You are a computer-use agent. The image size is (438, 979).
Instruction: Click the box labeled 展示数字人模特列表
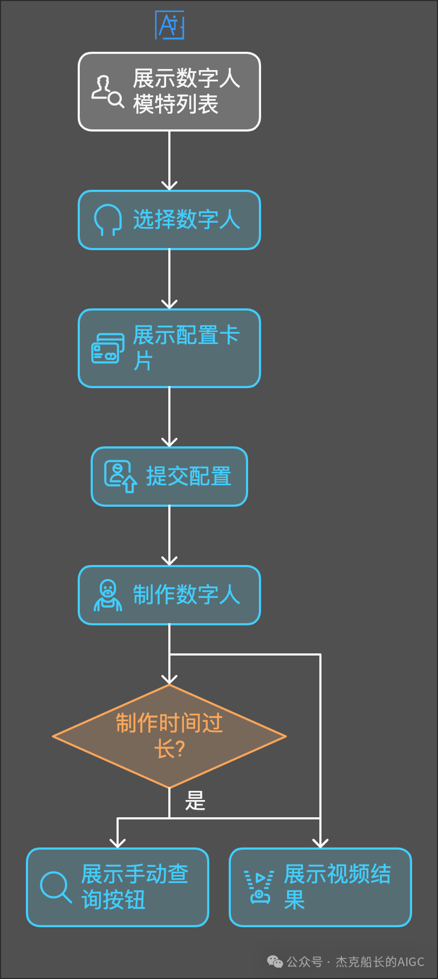(169, 92)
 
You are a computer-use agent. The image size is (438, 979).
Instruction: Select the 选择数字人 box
(169, 220)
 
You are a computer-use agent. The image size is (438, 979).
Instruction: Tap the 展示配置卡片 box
(169, 348)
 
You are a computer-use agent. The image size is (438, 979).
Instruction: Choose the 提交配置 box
(169, 477)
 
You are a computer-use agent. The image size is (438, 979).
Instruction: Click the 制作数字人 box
(169, 595)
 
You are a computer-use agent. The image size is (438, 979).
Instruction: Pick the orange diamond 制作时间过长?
(169, 736)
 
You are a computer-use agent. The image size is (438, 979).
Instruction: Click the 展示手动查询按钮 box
(118, 887)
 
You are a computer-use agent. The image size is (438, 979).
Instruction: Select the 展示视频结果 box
(320, 887)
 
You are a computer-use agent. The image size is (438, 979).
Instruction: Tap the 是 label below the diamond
(195, 801)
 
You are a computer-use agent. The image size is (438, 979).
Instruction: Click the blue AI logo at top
(170, 25)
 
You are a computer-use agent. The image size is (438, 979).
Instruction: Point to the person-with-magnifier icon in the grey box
(107, 92)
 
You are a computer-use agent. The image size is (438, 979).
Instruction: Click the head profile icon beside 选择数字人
(107, 219)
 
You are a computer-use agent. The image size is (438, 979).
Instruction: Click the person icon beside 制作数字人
(108, 595)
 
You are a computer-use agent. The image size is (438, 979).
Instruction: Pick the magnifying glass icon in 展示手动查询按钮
(56, 887)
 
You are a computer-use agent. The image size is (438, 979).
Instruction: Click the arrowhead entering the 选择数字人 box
(169, 185)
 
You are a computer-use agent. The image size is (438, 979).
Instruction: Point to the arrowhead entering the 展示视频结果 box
(320, 843)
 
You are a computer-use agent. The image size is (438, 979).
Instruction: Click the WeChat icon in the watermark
(275, 962)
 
